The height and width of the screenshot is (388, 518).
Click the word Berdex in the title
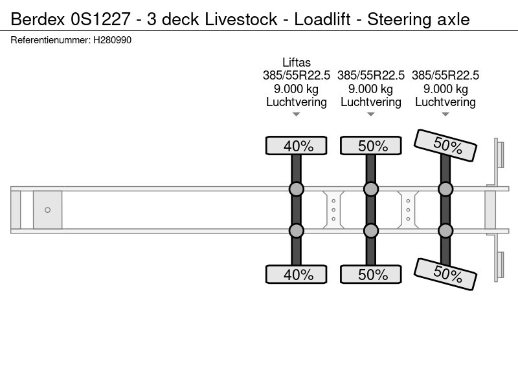(x=38, y=19)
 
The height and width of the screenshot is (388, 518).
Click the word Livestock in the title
(x=241, y=19)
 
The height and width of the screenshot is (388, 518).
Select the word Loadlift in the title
(x=322, y=19)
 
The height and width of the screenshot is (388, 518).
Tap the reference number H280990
(x=112, y=40)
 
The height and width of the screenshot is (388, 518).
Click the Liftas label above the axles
(x=297, y=62)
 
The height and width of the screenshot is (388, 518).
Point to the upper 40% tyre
(x=297, y=145)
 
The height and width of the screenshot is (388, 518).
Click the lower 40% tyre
(x=297, y=274)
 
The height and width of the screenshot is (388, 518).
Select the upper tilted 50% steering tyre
(x=445, y=145)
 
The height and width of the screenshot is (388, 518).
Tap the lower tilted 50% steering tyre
(x=445, y=274)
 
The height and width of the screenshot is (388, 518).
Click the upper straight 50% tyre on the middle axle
(x=371, y=145)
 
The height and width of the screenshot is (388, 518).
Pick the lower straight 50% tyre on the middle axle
(x=371, y=274)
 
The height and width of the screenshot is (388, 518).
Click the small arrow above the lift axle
(x=297, y=114)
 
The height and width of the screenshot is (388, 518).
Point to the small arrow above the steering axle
(x=445, y=114)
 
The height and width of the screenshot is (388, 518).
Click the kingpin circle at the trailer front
(x=47, y=210)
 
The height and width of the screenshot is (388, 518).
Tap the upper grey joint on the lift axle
(x=297, y=189)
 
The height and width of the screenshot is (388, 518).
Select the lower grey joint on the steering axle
(x=445, y=231)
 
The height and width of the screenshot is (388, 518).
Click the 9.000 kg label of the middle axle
(x=371, y=89)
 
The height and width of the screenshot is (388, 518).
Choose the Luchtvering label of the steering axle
(x=445, y=102)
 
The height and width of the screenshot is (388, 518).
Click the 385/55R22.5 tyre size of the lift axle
(x=297, y=75)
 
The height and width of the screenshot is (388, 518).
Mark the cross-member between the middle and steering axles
(x=408, y=210)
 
